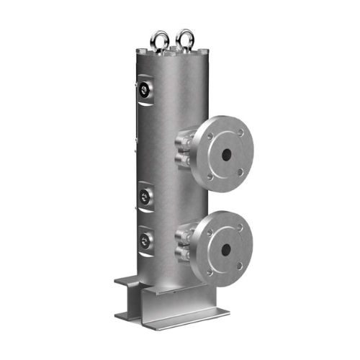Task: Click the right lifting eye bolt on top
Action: (x=186, y=37)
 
